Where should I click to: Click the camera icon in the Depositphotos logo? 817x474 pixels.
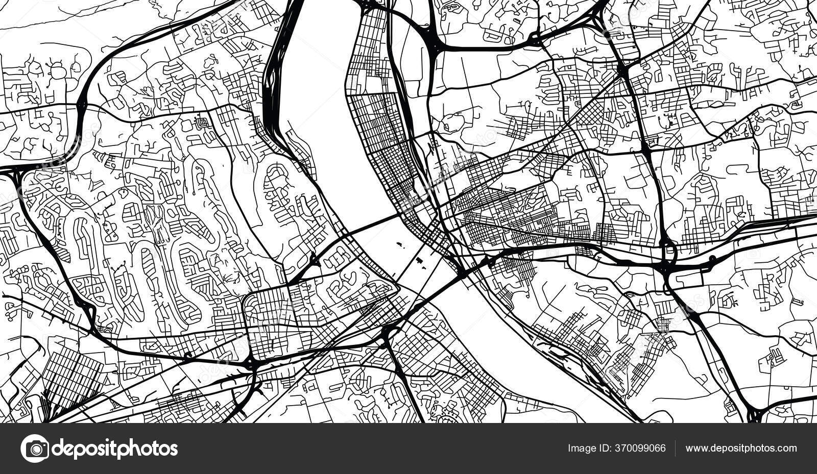34,448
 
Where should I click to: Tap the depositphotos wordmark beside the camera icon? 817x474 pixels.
115,448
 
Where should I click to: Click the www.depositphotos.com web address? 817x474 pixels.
741,448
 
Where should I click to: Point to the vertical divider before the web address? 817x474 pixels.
676,448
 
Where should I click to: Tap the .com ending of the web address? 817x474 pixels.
786,448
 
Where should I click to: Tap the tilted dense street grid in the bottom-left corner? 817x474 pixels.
71,378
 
